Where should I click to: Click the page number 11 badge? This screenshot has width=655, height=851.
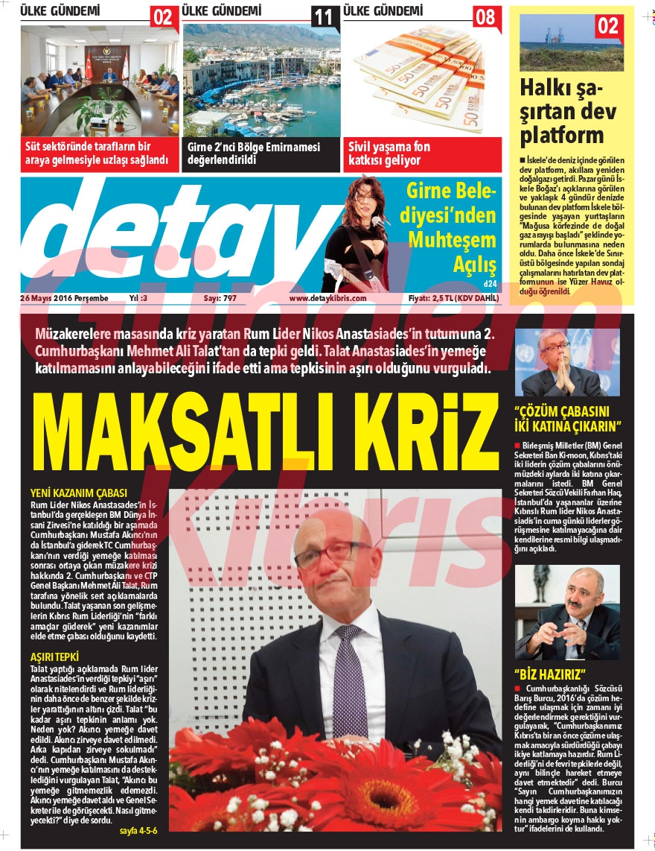click(323, 17)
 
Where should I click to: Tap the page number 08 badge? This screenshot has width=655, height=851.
click(485, 16)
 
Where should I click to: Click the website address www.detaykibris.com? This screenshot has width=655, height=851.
click(327, 298)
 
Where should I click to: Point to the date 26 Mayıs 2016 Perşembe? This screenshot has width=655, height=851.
click(64, 298)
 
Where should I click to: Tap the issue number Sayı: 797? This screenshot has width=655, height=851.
click(220, 298)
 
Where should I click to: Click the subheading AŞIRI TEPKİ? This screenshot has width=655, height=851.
click(54, 657)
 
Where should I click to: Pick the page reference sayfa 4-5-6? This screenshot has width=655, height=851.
click(138, 829)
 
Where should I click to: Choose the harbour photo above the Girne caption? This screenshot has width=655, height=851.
click(261, 78)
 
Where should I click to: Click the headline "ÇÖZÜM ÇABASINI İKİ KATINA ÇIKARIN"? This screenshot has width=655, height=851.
click(568, 420)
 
